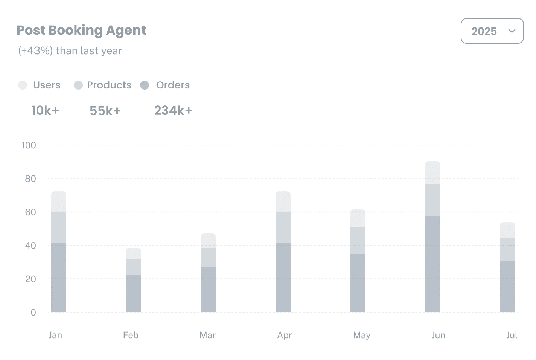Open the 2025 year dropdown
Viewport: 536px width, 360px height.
(492, 31)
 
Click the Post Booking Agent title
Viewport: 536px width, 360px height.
(81, 30)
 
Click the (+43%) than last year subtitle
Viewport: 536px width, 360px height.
(70, 51)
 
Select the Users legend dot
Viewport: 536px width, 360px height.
(23, 85)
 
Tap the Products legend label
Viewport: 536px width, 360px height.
(109, 85)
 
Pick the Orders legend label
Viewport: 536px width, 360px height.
(173, 85)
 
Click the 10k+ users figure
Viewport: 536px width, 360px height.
(45, 110)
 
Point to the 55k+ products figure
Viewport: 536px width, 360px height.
(105, 111)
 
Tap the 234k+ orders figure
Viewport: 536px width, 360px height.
(173, 110)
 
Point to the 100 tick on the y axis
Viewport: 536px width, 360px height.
(29, 145)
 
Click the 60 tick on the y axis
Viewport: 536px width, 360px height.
(30, 212)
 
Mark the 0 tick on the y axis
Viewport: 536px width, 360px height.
(33, 312)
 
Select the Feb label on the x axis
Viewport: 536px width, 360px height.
(131, 335)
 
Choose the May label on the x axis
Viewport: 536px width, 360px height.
(362, 335)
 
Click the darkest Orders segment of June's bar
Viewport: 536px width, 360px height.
(432, 264)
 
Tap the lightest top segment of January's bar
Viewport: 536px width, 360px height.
(59, 202)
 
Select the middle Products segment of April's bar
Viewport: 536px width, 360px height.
(283, 227)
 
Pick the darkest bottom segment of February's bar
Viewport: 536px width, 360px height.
(134, 293)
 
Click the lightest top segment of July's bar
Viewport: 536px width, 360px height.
(507, 230)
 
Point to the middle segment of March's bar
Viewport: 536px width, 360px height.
(208, 258)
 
